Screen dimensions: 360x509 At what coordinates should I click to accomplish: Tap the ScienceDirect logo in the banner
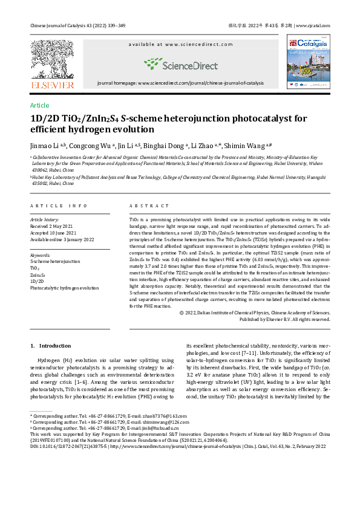coord(180,64)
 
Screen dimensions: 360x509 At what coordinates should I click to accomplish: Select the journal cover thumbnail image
coord(308,61)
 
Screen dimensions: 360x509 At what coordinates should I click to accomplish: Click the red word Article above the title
coord(40,105)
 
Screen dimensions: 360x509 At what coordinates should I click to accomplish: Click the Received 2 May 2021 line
coord(54,226)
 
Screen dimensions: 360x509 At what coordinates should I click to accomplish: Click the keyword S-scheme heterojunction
coord(55,262)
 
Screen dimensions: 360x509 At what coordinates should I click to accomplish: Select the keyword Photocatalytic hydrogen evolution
coord(64,288)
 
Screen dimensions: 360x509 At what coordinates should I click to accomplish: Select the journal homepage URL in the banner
coord(180,83)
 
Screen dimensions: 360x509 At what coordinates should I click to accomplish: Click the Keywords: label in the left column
coord(41,255)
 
